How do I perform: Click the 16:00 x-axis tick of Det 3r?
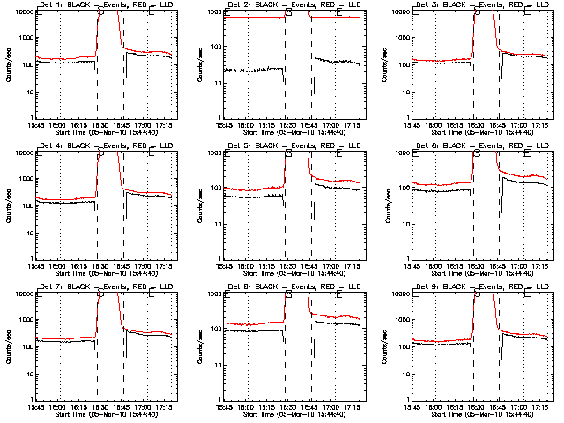coord(435,125)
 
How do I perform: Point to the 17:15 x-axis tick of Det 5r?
coord(359,266)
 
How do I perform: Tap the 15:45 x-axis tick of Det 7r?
coord(36,407)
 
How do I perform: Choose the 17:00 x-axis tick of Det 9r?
coord(523,407)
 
